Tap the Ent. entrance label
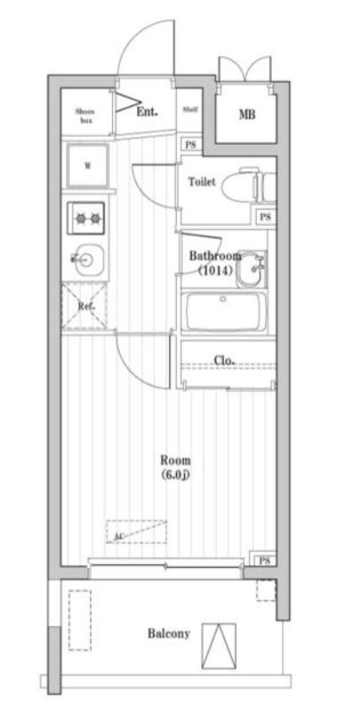coord(148,112)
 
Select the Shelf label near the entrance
coord(189,110)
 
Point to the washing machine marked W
coord(88,166)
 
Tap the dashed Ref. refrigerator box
coord(86,307)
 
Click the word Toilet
coord(202,180)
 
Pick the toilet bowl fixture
coord(242,186)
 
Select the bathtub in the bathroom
coord(227,312)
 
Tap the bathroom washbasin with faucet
coord(252,267)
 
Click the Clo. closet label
coord(225,360)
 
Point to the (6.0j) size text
coord(175,475)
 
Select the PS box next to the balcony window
coord(264,560)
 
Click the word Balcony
coord(167,633)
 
